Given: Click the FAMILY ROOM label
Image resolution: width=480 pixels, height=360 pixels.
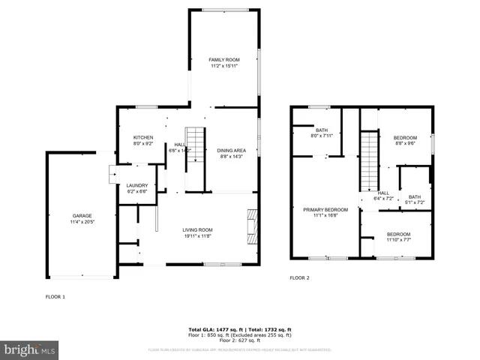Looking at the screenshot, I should click(224, 59).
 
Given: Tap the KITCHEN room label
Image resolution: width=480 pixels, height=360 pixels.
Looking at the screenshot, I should click(143, 137).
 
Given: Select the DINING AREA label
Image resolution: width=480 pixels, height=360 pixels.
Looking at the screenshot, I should click(232, 151).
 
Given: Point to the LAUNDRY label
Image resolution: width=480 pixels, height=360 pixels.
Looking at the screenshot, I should click(136, 185).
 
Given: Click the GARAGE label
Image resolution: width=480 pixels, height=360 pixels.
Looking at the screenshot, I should click(82, 216).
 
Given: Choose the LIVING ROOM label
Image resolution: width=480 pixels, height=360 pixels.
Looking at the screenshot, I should click(198, 229).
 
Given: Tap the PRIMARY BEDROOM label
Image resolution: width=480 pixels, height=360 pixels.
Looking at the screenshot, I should click(325, 209).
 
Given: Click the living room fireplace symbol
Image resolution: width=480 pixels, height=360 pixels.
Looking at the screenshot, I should click(253, 225).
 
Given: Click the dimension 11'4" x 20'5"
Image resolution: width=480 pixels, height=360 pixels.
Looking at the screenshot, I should click(82, 222).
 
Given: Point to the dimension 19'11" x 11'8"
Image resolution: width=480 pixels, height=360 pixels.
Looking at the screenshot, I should click(198, 235).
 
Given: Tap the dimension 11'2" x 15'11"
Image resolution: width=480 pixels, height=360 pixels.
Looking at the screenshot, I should click(224, 66).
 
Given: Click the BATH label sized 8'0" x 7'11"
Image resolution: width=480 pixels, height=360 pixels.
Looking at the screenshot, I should click(321, 130).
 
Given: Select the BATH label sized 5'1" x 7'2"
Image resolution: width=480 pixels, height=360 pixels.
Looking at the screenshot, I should click(415, 196).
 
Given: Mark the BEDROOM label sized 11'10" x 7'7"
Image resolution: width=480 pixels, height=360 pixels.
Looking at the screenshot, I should click(398, 233).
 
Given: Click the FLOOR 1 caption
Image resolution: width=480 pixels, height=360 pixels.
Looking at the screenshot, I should click(55, 297).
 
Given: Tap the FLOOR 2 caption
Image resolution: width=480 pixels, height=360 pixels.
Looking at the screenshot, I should click(299, 277).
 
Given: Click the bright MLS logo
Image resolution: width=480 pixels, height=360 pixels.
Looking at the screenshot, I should click(30, 349).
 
